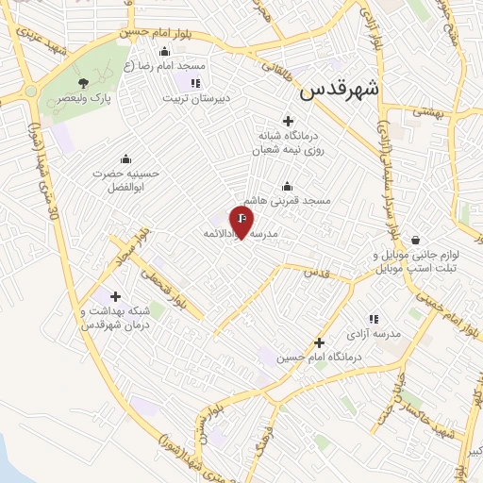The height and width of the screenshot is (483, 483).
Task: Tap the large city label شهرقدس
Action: point(339,91)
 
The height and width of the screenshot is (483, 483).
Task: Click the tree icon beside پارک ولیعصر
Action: point(85,82)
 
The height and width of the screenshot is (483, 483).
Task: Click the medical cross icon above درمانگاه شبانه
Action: point(288,120)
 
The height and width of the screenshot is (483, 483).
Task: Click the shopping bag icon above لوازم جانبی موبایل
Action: point(414,240)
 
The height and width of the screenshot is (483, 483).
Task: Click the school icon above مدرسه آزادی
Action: point(374,320)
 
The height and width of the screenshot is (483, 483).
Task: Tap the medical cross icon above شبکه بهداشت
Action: point(115,296)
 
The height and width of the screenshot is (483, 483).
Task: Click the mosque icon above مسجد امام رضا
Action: point(166,51)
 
